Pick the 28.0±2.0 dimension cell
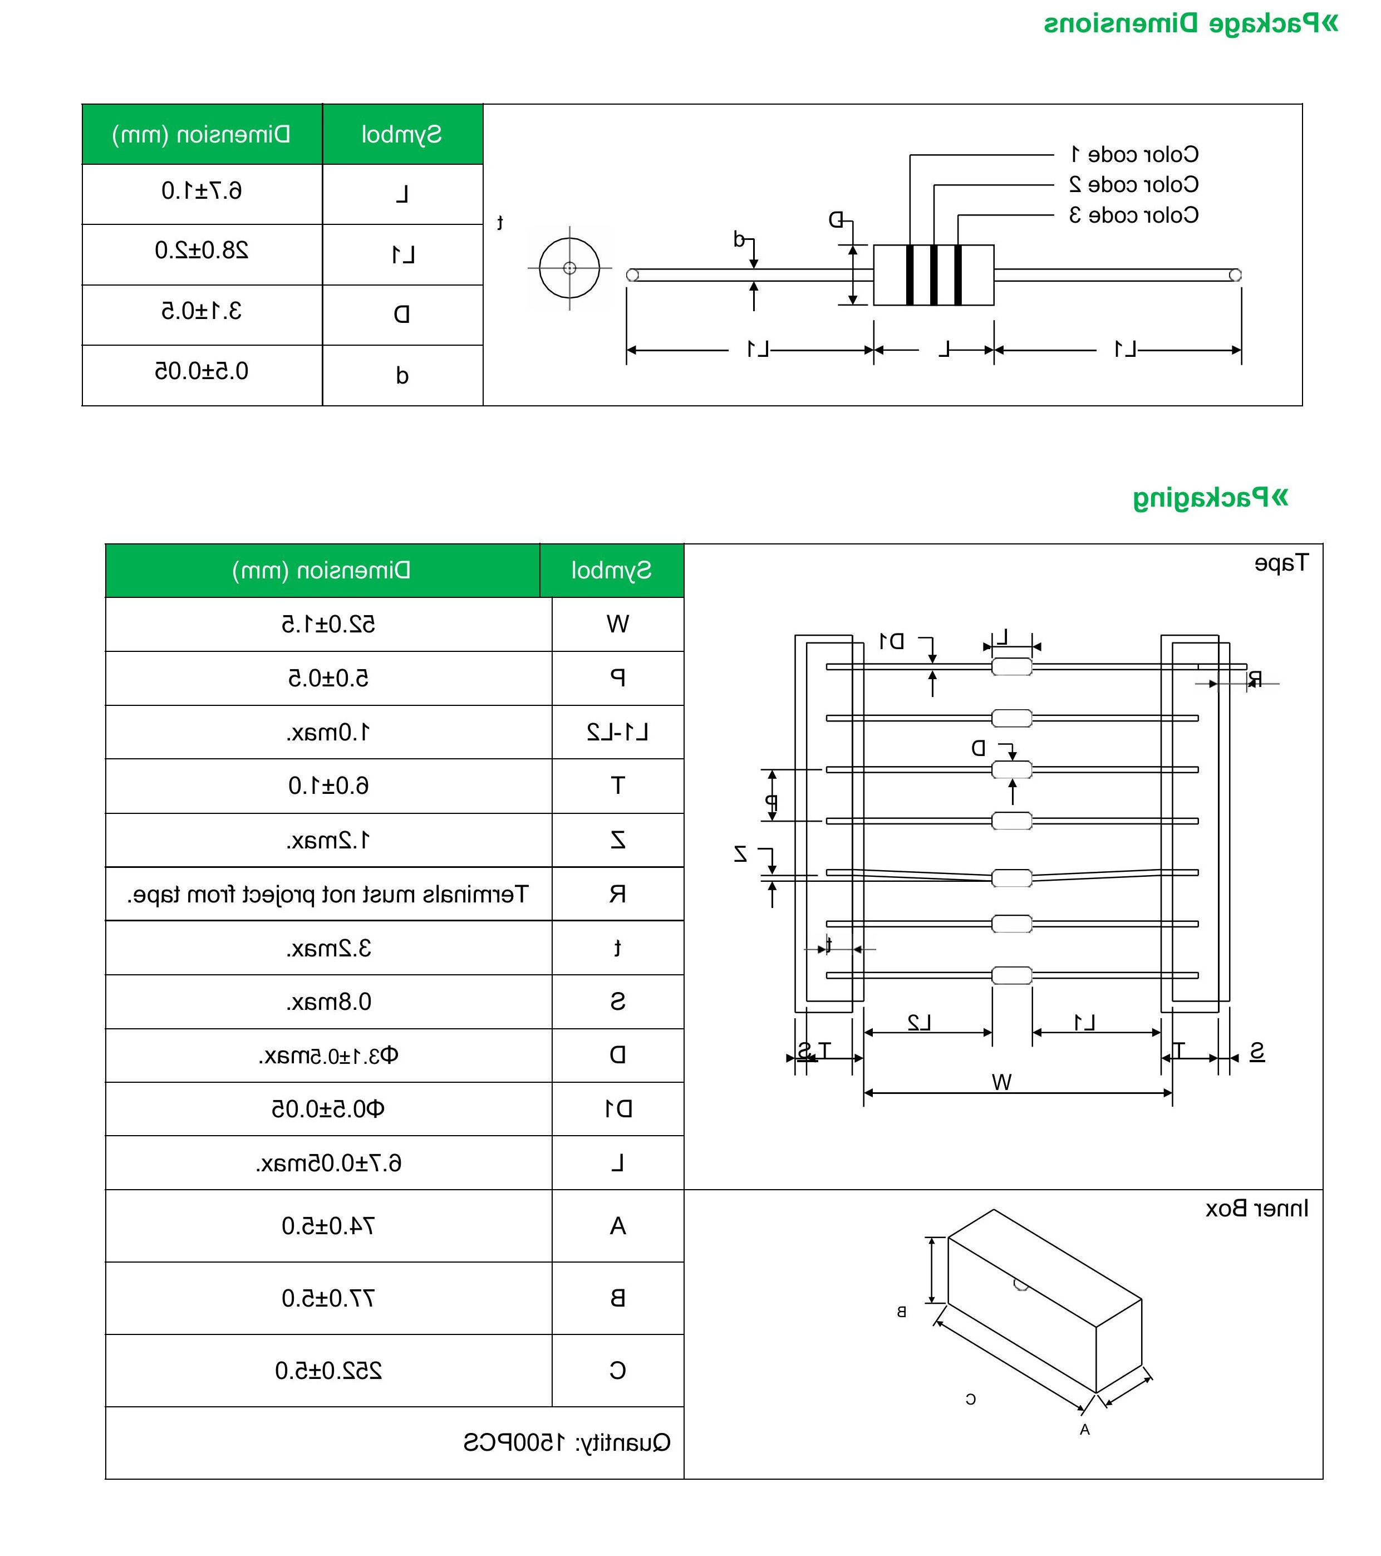(202, 251)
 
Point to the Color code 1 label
(1134, 155)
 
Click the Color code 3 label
(1134, 215)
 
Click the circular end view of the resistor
(569, 268)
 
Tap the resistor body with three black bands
(933, 275)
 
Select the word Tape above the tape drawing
(1281, 563)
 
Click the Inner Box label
(1257, 1208)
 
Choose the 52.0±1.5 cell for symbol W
(328, 624)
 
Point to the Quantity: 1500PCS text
(567, 1442)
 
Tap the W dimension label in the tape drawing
(1002, 1082)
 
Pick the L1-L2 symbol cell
(617, 732)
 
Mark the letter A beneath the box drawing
(1085, 1430)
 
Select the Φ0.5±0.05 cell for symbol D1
(328, 1109)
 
